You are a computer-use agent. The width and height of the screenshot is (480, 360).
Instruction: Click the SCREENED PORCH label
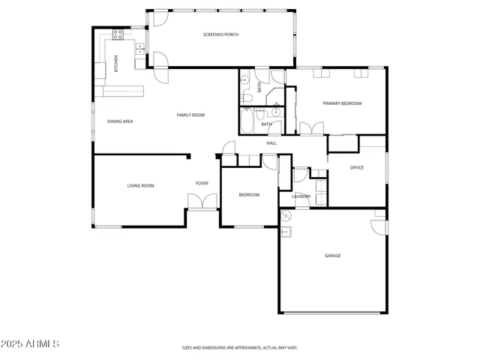pos(220,35)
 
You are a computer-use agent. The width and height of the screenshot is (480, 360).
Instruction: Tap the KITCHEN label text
pos(115,64)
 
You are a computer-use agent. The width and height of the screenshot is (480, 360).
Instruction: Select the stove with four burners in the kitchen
pos(118,33)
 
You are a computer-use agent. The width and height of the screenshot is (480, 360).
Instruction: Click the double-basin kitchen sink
pos(139,48)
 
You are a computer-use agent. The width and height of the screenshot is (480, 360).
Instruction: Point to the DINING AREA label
pos(120,121)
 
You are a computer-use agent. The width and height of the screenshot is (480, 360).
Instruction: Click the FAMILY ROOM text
pos(190,115)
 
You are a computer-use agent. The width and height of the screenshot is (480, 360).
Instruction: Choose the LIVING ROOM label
pos(140,185)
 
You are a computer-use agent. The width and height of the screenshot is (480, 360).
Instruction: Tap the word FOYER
pos(202,183)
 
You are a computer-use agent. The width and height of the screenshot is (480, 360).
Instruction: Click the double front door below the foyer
pos(202,202)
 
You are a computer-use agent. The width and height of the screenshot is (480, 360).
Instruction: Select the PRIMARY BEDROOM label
pos(342,103)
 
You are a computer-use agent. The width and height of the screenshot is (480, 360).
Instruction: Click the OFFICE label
pos(357,167)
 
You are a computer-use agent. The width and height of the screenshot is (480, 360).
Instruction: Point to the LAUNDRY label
pos(301,196)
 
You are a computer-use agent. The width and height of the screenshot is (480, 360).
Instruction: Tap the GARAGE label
pos(332,256)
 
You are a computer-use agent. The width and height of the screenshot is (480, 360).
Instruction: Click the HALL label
pos(271,142)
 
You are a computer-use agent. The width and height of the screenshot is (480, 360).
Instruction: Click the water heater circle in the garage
pos(286,215)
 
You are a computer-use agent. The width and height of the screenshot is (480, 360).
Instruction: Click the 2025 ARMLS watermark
pos(31,343)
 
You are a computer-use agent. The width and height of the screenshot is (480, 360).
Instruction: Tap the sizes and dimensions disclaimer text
pos(239,348)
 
